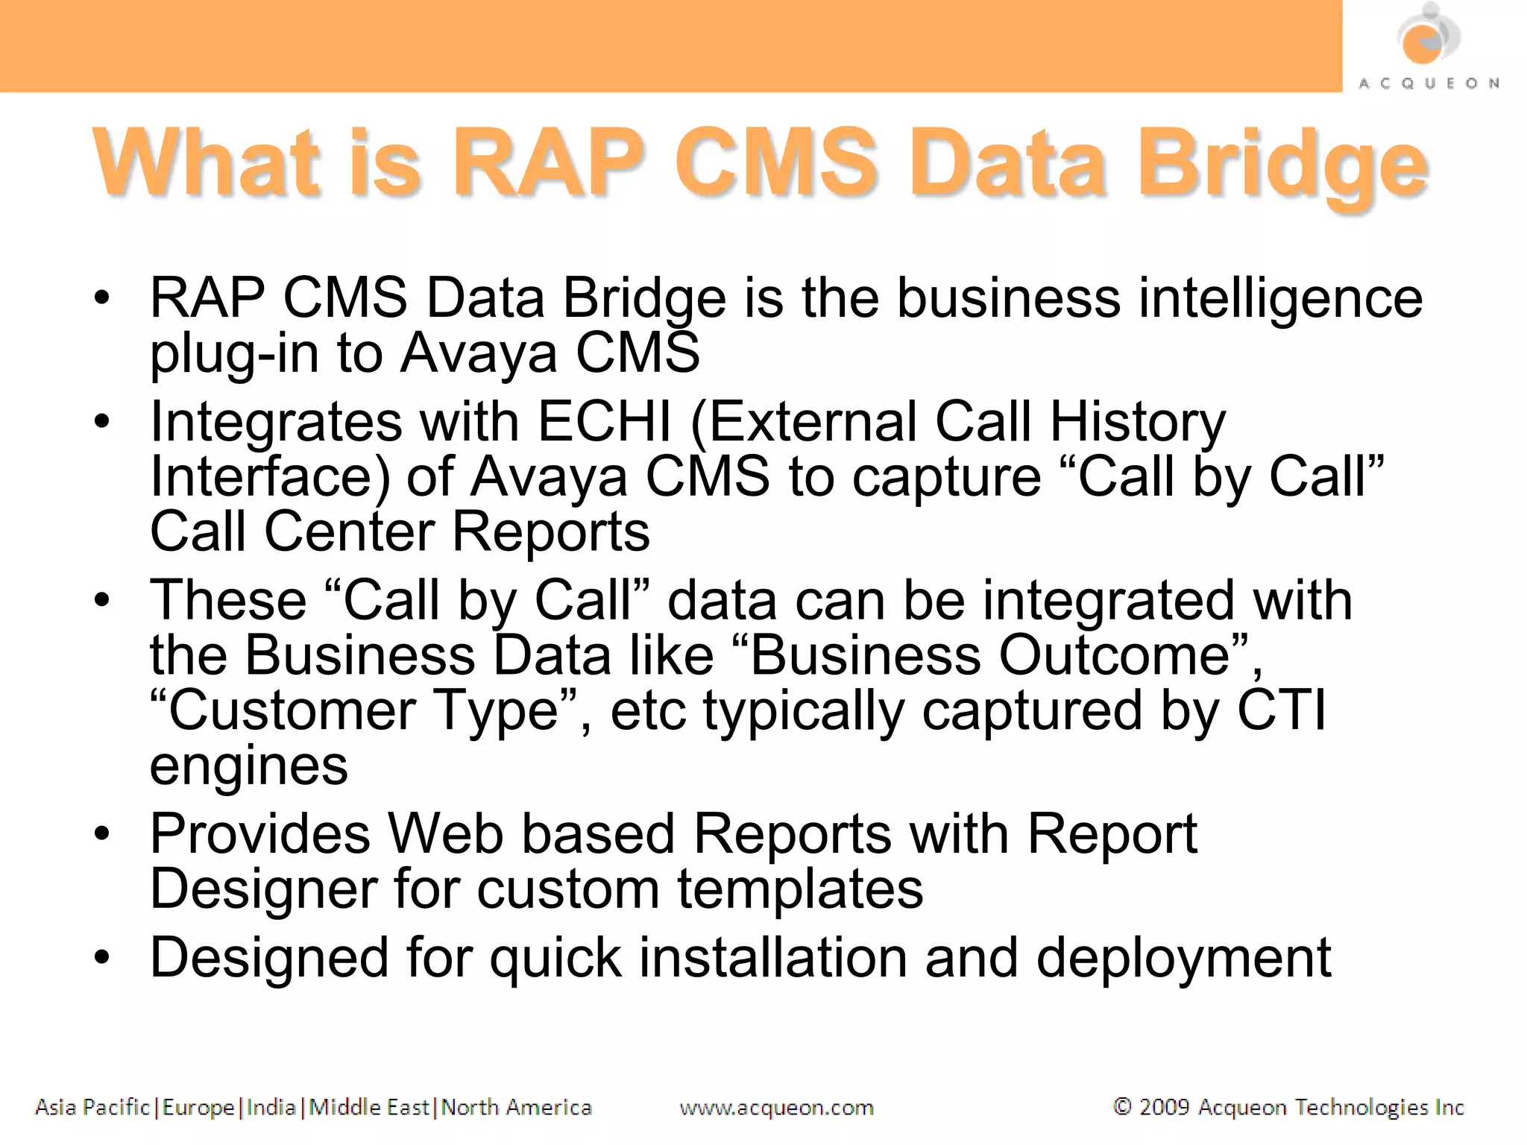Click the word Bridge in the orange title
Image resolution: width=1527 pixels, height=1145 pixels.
(1281, 165)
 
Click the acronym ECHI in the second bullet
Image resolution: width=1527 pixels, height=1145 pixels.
(605, 422)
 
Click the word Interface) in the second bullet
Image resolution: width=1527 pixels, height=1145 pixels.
(270, 477)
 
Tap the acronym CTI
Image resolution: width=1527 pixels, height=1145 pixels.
(1282, 710)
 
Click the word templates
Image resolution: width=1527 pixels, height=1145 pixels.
(800, 889)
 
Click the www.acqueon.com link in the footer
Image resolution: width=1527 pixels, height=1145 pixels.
(776, 1108)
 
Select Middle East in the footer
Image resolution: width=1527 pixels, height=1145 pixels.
(369, 1108)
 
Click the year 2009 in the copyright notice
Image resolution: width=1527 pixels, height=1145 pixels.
(1164, 1108)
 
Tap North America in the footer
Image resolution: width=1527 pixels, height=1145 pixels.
(516, 1108)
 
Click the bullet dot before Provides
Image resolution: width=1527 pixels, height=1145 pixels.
(102, 833)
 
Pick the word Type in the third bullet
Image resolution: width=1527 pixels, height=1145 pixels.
(496, 710)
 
